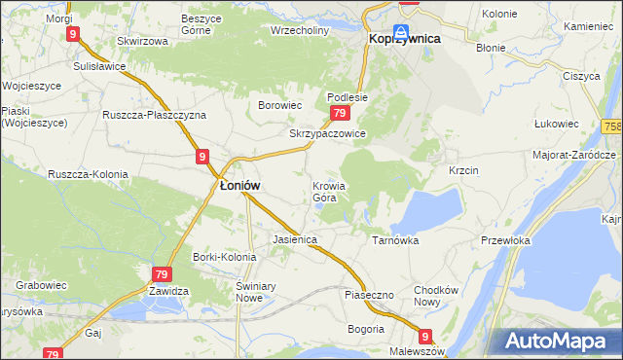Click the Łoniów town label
tap(238, 187)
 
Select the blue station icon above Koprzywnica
tap(401, 32)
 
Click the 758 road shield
tap(612, 126)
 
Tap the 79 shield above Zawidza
tap(161, 275)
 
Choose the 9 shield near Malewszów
tap(424, 334)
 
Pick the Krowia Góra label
tap(329, 192)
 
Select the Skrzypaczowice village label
tap(327, 134)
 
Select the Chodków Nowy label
tap(435, 296)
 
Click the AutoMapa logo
tap(559, 341)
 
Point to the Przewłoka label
tap(504, 239)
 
